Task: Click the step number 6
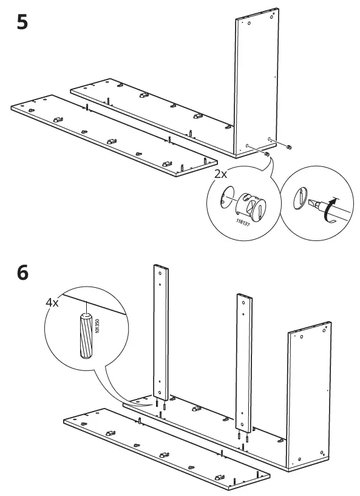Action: (21, 273)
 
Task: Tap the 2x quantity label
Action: (220, 174)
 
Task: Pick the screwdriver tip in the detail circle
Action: (316, 203)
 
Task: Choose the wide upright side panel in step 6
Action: (310, 395)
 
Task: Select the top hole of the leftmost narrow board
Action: (159, 273)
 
